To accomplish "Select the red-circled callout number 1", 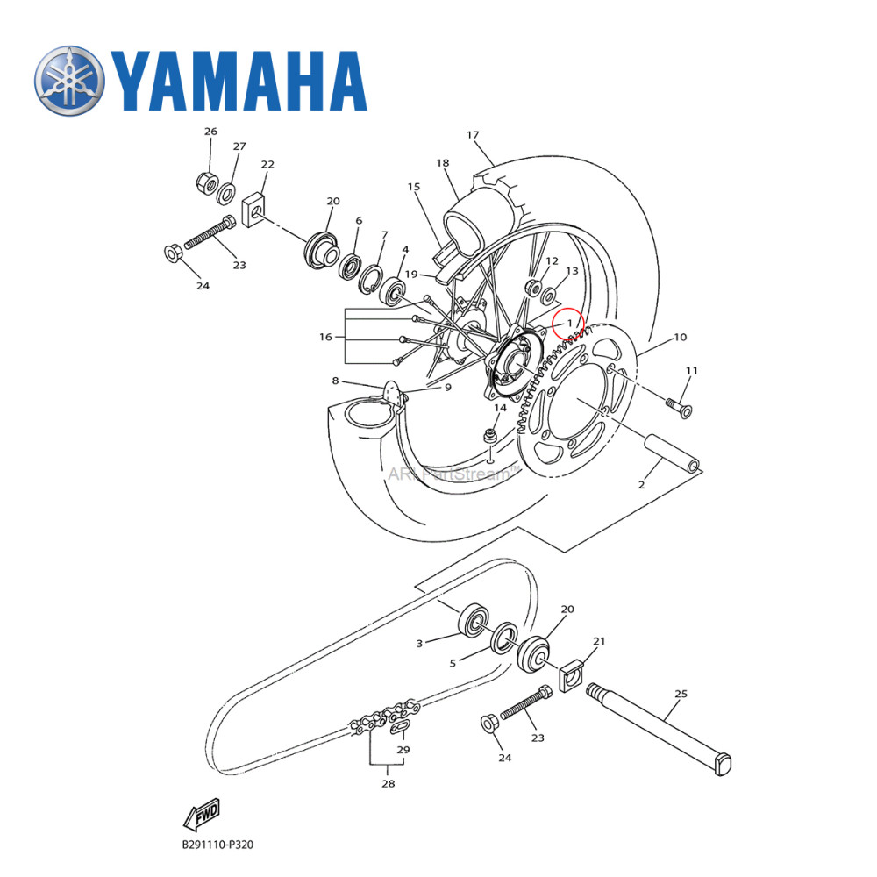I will pos(567,323).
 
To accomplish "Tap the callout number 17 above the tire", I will pos(473,135).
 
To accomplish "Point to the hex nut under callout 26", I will pos(207,183).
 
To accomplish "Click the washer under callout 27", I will pos(227,193).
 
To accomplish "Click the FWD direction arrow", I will pos(201,815).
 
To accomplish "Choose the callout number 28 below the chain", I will pos(388,784).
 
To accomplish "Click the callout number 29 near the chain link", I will pos(403,750).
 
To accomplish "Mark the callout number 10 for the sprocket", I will pos(680,338).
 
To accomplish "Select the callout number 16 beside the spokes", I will pos(325,337).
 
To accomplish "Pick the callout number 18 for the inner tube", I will pos(442,163).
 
